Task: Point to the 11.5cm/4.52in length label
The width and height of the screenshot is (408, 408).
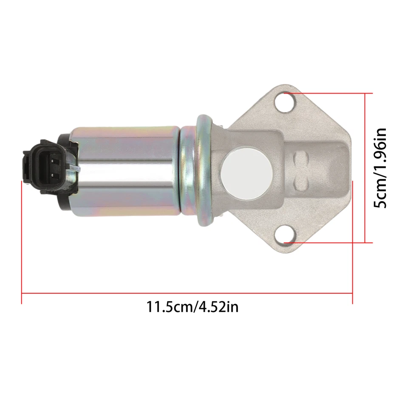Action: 192,306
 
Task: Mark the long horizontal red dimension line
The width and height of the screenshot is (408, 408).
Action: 187,293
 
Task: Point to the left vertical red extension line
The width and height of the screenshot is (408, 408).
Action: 21,238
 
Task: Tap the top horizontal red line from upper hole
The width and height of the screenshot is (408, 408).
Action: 327,93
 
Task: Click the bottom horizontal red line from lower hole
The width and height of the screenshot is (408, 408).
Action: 327,243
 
